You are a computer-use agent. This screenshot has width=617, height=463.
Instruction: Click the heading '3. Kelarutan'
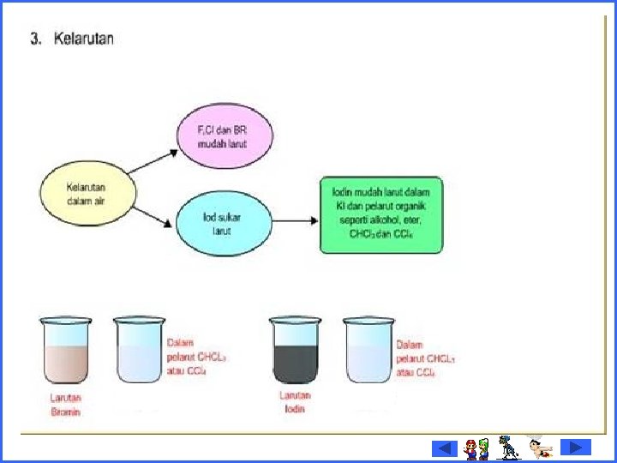tap(72, 39)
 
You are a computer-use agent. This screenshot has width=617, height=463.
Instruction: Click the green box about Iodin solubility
tap(381, 216)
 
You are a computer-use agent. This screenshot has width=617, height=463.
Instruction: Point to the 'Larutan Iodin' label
tap(296, 402)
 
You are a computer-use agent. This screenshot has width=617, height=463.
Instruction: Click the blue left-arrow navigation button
tap(444, 448)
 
